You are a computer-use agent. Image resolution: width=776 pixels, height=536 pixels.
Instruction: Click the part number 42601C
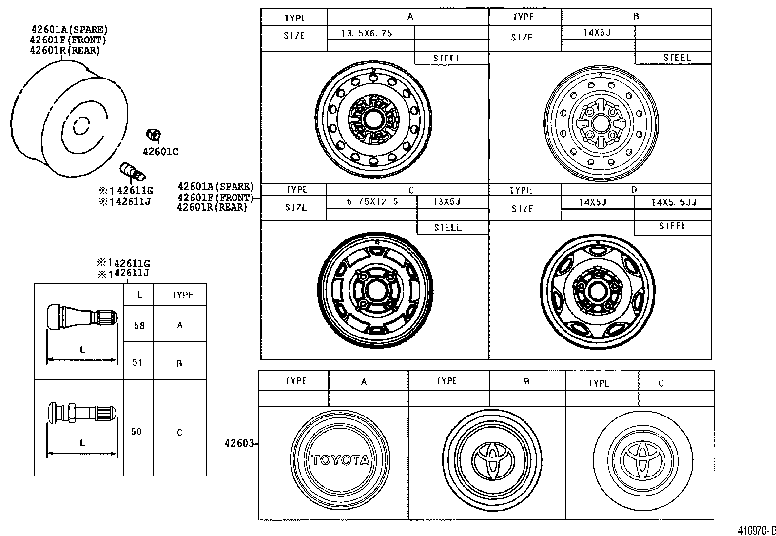pyautogui.click(x=160, y=152)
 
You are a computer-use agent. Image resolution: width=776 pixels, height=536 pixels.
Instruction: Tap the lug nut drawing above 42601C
pyautogui.click(x=154, y=135)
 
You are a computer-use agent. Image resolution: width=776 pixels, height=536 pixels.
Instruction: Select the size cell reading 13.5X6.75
pyautogui.click(x=367, y=33)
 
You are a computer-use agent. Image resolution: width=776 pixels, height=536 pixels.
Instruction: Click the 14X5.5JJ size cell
pyautogui.click(x=673, y=202)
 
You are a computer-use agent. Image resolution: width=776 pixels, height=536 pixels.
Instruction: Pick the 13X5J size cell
pyautogui.click(x=446, y=201)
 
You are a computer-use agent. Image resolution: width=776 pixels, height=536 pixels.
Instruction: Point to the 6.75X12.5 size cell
pyautogui.click(x=372, y=201)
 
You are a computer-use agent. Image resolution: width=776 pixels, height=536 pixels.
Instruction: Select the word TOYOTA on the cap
pyautogui.click(x=340, y=460)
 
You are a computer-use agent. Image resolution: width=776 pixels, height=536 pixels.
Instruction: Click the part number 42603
pyautogui.click(x=239, y=443)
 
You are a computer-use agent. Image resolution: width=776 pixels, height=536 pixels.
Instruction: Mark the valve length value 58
pyautogui.click(x=139, y=326)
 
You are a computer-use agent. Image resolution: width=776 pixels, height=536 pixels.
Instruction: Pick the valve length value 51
pyautogui.click(x=138, y=363)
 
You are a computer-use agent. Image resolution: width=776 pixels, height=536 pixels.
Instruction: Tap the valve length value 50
pyautogui.click(x=136, y=432)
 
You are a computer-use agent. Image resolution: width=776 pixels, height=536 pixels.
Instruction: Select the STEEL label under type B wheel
pyautogui.click(x=677, y=58)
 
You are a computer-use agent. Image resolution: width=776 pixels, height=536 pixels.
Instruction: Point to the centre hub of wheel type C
pyautogui.click(x=375, y=291)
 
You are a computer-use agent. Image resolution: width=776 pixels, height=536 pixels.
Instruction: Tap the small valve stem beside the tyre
pyautogui.click(x=132, y=172)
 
